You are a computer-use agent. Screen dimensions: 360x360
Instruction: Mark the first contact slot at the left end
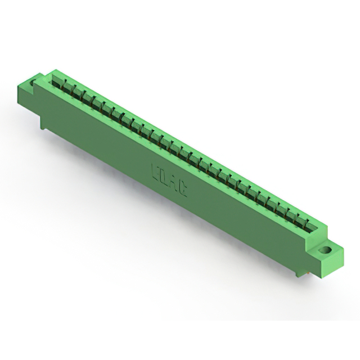tap(57, 82)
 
